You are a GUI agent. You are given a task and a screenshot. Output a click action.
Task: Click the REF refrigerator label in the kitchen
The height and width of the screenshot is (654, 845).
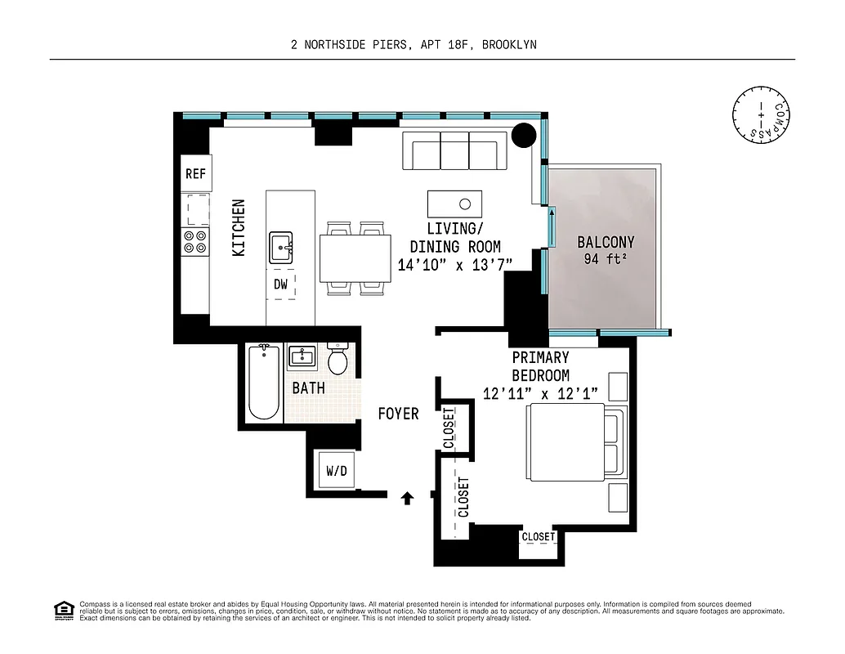coord(195,174)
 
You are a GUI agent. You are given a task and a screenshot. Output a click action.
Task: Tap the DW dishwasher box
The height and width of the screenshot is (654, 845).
coord(281,284)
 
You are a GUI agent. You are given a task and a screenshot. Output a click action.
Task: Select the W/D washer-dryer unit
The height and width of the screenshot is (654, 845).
coord(336,471)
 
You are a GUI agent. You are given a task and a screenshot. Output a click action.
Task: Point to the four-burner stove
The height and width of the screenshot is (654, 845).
coord(195,242)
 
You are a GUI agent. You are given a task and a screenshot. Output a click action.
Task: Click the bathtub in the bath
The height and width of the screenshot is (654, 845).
coord(263,383)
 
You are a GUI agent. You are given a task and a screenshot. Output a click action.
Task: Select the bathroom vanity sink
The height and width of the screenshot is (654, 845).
coord(303,357)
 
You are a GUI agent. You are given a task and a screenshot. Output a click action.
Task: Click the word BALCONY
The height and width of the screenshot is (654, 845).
coord(606,243)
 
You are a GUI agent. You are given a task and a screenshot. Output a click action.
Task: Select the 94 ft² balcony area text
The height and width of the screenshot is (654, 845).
coord(606,261)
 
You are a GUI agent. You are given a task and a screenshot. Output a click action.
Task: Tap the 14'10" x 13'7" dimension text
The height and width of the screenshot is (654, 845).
coord(454,265)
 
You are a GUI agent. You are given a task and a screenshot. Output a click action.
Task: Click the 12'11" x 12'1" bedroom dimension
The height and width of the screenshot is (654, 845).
coord(540,394)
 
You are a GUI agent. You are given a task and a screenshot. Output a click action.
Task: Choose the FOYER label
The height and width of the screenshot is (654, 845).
coord(398,414)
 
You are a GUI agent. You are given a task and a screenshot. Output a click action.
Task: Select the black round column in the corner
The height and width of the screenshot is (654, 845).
coord(524,135)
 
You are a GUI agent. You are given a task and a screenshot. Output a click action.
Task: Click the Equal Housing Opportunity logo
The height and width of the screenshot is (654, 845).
coord(62,609)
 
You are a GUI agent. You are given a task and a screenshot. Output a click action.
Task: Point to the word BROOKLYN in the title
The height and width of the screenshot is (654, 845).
coord(508,45)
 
